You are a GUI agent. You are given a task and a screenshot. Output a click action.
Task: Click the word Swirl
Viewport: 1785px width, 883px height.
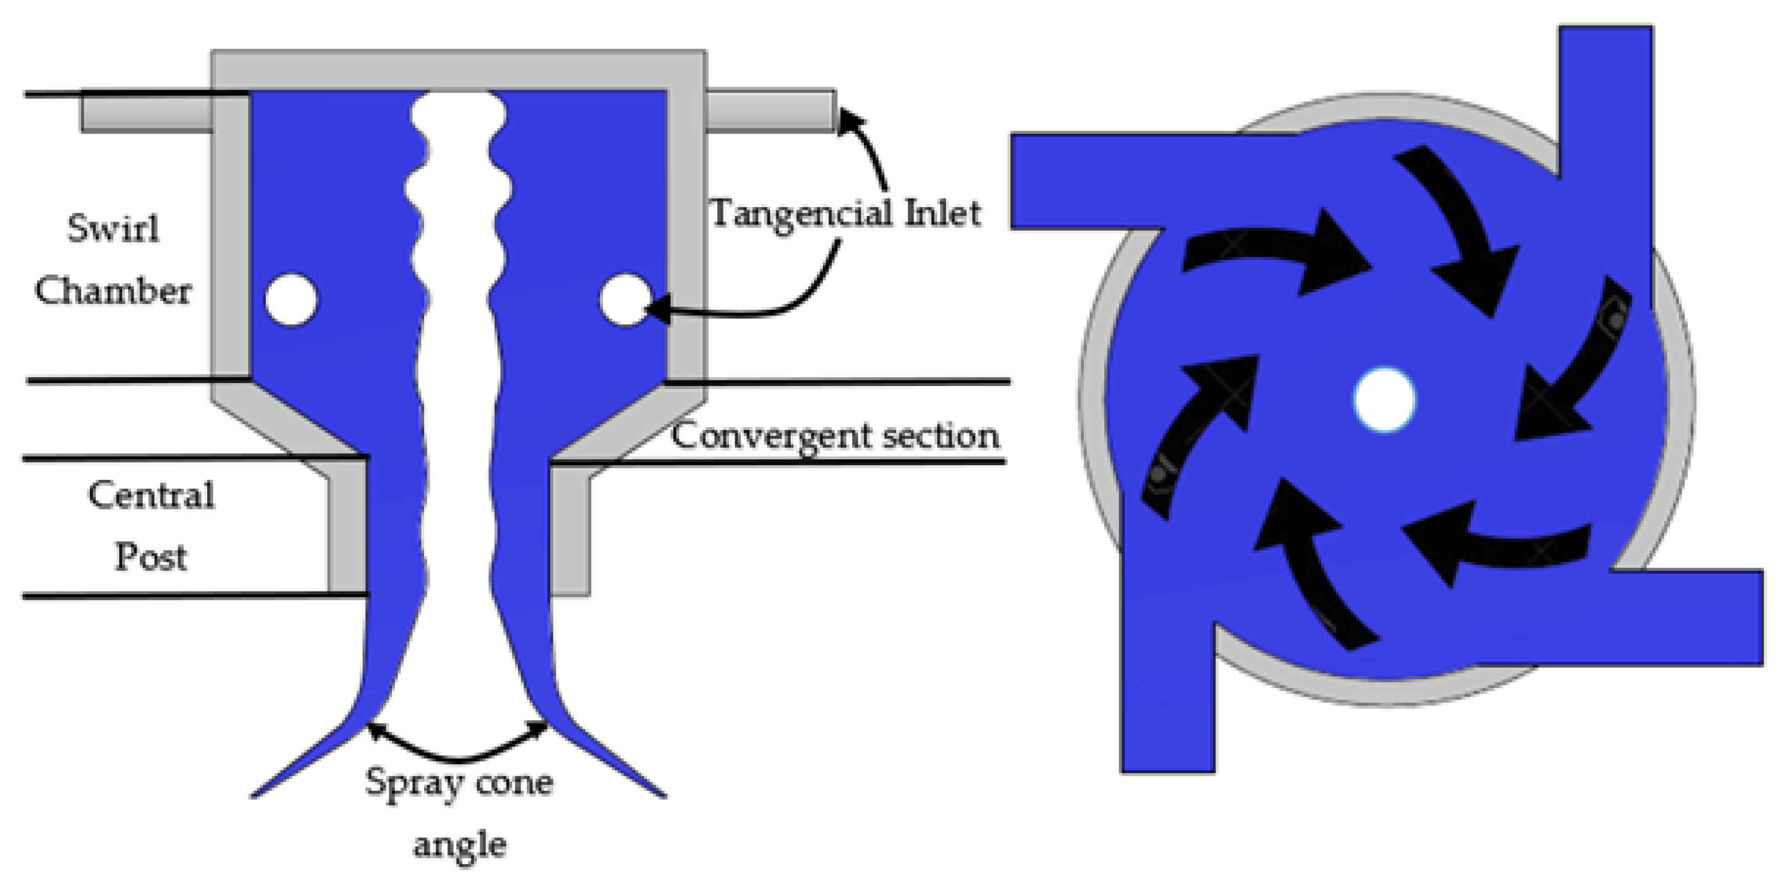point(113,229)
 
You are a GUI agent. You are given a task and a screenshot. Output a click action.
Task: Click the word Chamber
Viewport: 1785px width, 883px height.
point(113,290)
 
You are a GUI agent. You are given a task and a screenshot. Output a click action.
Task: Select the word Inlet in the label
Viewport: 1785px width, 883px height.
point(942,213)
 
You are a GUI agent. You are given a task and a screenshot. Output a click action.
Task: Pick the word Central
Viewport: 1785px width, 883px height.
point(151,495)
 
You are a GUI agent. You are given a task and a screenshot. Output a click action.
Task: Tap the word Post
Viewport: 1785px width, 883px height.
point(151,556)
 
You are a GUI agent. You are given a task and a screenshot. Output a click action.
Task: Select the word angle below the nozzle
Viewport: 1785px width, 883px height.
point(459,844)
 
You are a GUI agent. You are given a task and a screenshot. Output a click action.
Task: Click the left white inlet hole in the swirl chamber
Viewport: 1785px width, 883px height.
point(291,299)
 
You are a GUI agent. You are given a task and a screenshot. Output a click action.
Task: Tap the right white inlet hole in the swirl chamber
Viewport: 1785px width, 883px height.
point(625,299)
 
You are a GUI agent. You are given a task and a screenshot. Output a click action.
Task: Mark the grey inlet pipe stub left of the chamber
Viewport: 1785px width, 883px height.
point(145,112)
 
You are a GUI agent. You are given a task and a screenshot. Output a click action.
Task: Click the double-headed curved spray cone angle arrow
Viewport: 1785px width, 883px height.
point(458,751)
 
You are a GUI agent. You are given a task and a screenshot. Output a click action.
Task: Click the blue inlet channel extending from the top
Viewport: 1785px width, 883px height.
point(1606,104)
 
